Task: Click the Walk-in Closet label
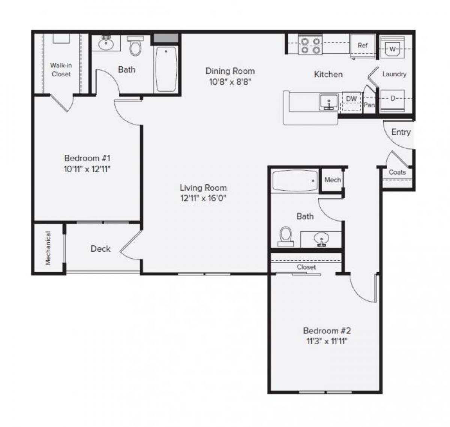point(61,70)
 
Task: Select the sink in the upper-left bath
point(106,43)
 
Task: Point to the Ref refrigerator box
point(363,46)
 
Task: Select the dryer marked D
point(393,99)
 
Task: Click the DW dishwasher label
point(351,99)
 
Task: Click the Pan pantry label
point(369,105)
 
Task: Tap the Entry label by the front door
point(401,132)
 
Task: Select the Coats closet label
point(397,172)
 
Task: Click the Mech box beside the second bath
point(333,180)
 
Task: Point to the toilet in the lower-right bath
point(286,236)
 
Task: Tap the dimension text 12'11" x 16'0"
point(203,198)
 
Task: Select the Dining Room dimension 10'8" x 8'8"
point(230,81)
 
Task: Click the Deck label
point(100,249)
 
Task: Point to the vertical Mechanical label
point(48,248)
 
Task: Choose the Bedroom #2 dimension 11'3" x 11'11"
point(327,341)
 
